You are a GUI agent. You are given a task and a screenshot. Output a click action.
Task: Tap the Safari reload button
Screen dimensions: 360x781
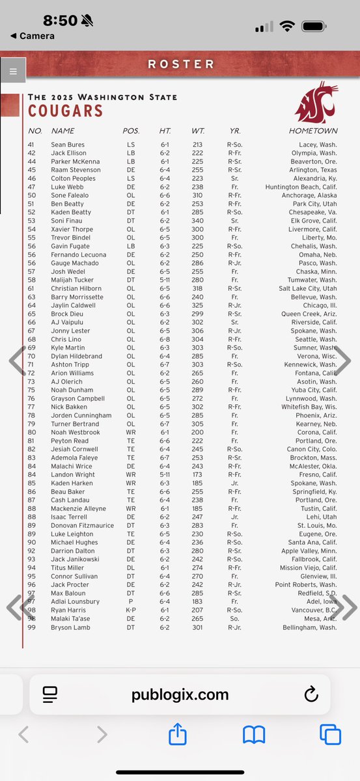[311, 694]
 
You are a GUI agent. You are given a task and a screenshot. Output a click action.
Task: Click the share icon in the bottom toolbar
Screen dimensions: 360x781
[178, 735]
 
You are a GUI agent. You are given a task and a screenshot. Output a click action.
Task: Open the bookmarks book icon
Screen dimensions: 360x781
[254, 735]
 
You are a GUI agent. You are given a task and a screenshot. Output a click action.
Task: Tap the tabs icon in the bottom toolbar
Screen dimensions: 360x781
[330, 735]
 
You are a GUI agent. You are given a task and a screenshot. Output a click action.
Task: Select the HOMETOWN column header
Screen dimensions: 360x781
[313, 131]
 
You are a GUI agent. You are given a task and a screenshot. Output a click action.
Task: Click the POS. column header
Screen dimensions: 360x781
[131, 131]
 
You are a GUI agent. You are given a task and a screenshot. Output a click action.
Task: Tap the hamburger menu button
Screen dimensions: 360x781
[13, 70]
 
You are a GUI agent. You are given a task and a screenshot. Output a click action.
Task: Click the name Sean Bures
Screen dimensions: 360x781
[68, 144]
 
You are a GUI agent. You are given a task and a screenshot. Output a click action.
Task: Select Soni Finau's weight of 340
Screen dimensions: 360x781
[197, 221]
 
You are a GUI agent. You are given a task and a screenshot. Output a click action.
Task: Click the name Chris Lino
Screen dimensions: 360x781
[65, 339]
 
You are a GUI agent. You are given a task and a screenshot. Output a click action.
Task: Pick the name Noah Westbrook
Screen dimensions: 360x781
[76, 432]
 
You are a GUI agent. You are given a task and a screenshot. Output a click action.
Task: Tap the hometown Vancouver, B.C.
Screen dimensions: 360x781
[311, 610]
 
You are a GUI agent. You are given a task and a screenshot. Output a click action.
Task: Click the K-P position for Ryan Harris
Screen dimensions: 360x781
[131, 610]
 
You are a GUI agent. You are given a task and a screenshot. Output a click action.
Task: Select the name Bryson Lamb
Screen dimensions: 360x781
[70, 627]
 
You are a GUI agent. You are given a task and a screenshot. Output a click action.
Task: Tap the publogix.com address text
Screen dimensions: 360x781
[180, 694]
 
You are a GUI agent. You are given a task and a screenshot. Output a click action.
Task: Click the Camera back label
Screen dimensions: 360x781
[33, 36]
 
